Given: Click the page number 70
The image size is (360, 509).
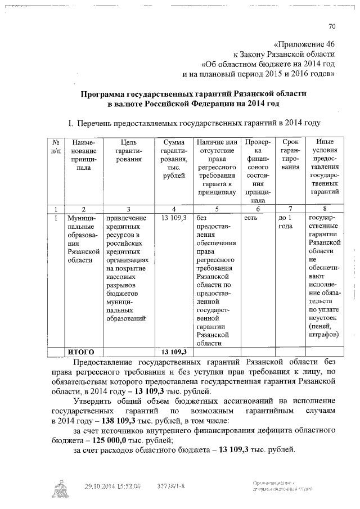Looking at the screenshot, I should click(x=331, y=27).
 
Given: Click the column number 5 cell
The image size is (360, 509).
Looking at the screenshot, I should click(x=216, y=209).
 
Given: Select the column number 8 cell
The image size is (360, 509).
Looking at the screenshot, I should click(x=323, y=209).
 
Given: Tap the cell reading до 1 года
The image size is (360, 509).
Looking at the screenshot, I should click(x=286, y=222).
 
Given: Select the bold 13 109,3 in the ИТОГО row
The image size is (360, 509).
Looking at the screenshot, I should click(x=173, y=352).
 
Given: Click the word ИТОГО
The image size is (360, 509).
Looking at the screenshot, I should click(x=81, y=352).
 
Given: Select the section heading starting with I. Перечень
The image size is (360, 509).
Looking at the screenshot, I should click(x=194, y=122).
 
